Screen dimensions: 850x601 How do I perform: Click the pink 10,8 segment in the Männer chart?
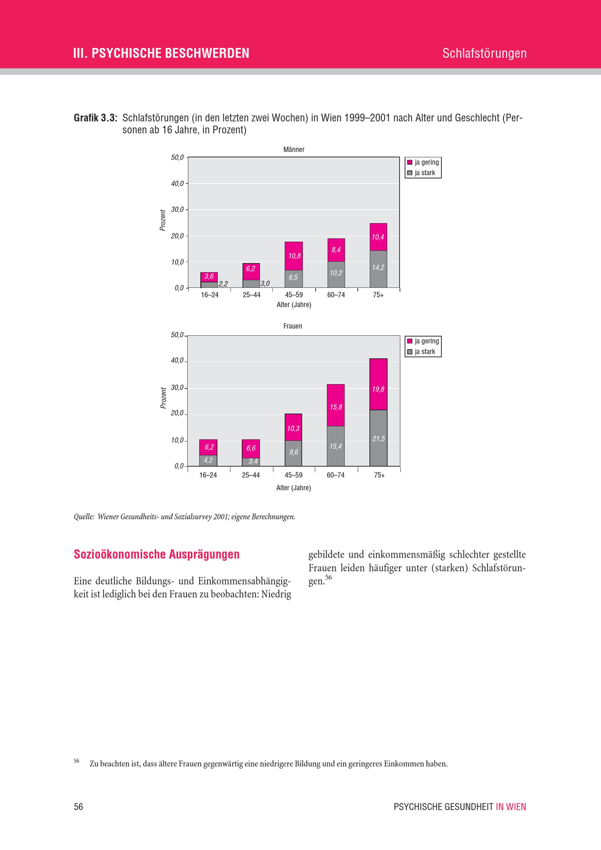pyautogui.click(x=294, y=256)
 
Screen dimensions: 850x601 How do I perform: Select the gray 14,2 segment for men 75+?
pyautogui.click(x=378, y=269)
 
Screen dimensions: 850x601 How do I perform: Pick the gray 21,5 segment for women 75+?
pyautogui.click(x=378, y=438)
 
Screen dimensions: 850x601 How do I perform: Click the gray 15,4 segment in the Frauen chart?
pyautogui.click(x=335, y=446)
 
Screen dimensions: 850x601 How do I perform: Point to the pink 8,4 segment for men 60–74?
pyautogui.click(x=336, y=250)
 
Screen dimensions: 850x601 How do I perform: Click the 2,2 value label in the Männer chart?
pyautogui.click(x=223, y=284)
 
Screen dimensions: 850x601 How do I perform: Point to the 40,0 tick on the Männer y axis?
pyautogui.click(x=177, y=184)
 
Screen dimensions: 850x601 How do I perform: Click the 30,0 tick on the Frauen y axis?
pyautogui.click(x=177, y=388)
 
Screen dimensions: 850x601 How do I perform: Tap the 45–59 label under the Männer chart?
pyautogui.click(x=294, y=295)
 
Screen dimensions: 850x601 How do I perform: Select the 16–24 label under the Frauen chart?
pyautogui.click(x=208, y=475)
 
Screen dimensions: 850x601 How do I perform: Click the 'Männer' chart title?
pyautogui.click(x=294, y=150)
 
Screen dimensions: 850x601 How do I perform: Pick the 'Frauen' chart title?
pyautogui.click(x=293, y=326)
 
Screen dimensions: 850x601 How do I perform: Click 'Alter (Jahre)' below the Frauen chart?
pyautogui.click(x=293, y=488)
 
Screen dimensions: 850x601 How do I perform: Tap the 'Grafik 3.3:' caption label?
pyautogui.click(x=96, y=118)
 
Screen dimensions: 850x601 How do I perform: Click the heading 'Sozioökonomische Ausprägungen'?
pyautogui.click(x=157, y=554)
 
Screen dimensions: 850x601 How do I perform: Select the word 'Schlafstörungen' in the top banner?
pyautogui.click(x=484, y=53)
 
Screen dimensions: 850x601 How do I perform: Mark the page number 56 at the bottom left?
pyautogui.click(x=78, y=807)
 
